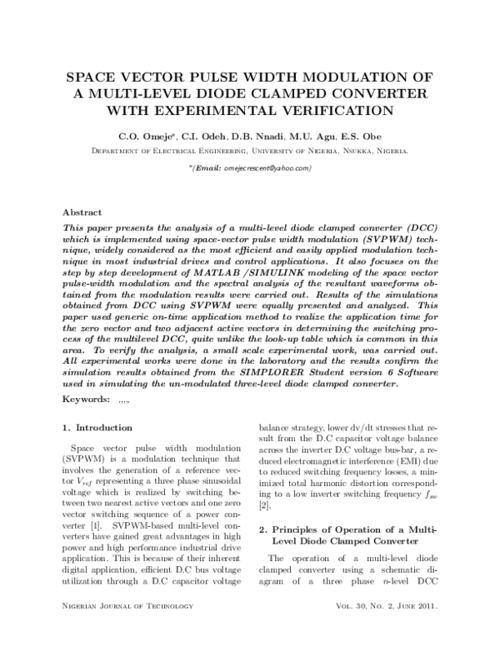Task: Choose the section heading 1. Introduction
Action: pyautogui.click(x=97, y=427)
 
